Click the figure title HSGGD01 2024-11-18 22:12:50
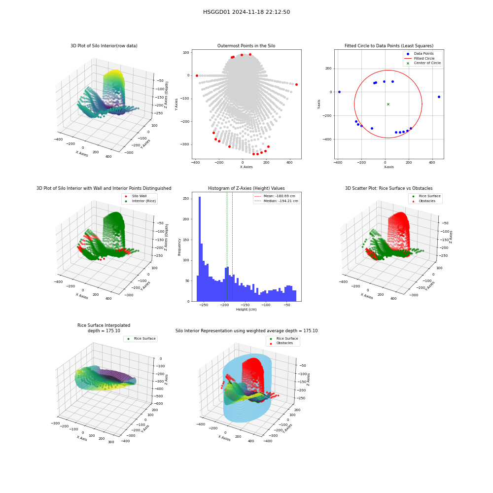point(246,12)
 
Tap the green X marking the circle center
point(388,104)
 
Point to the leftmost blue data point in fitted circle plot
point(339,92)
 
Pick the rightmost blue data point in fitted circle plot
point(439,97)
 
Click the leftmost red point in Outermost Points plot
point(197,75)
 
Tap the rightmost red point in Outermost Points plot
point(296,85)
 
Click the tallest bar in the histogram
point(200,249)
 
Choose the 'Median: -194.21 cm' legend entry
point(277,201)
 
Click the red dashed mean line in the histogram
point(232,247)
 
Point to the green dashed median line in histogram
point(227,247)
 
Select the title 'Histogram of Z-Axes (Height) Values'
point(246,188)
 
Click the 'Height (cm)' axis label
point(246,310)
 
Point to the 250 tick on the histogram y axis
point(186,199)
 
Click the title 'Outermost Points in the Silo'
point(246,46)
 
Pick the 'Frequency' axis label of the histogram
point(179,247)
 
